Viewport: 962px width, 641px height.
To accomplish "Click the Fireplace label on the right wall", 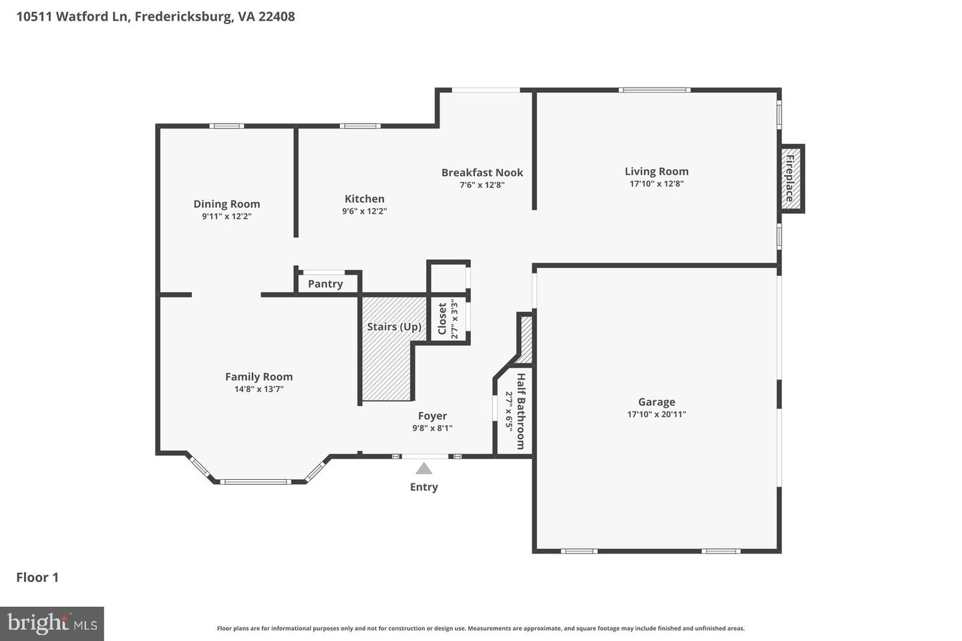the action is (x=790, y=178).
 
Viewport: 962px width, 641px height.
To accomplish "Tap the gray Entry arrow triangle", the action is (x=424, y=469).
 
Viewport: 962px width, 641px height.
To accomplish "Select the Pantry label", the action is (x=325, y=284).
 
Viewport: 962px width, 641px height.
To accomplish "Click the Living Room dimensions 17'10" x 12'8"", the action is (x=656, y=184).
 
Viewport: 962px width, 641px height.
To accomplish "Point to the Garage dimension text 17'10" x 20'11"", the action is (x=656, y=414).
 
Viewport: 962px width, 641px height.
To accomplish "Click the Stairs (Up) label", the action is (x=394, y=327).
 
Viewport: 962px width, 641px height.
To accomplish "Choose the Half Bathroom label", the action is (x=520, y=411).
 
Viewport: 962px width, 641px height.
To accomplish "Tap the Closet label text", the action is (x=442, y=319).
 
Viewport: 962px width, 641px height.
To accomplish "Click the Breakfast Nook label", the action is (x=482, y=172).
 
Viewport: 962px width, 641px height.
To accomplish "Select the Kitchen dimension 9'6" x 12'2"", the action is (x=364, y=211).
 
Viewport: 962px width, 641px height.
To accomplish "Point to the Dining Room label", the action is (x=226, y=204).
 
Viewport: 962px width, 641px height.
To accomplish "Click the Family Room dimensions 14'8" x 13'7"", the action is (x=259, y=389).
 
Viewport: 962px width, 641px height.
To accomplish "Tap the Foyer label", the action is (x=432, y=416).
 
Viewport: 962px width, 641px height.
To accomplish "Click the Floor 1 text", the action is (x=37, y=578).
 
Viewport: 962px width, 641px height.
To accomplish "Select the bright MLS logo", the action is (x=52, y=624).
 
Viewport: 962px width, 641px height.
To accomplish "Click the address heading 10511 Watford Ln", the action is (x=73, y=17).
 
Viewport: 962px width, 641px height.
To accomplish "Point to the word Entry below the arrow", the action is (x=424, y=487).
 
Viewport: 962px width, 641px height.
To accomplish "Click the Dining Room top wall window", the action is (x=226, y=126).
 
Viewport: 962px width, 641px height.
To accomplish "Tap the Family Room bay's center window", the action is (x=256, y=482).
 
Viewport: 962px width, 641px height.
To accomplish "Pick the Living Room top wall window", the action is (x=655, y=90).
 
